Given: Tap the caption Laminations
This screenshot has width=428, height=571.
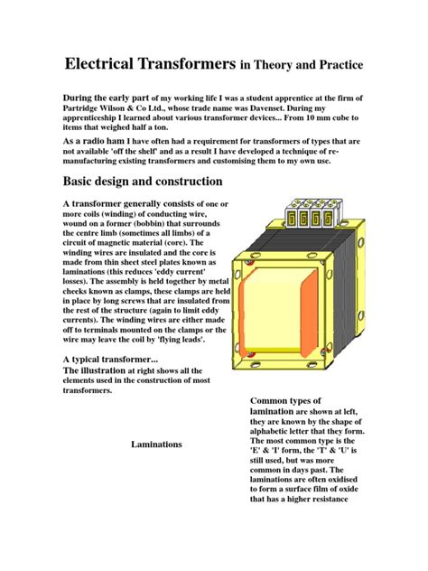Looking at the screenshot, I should click(156, 445).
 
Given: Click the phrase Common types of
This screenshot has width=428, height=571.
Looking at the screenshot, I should click(285, 400).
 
